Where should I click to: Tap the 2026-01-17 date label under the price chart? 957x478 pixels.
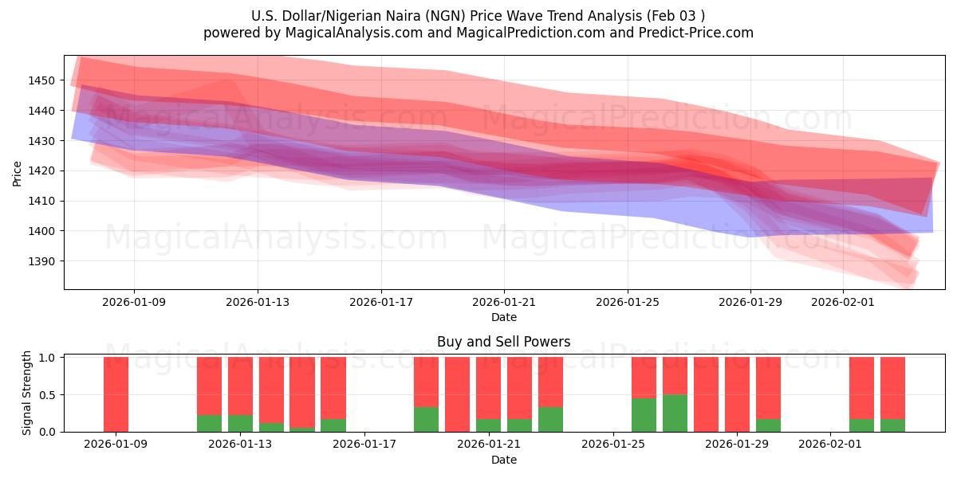[x=380, y=302]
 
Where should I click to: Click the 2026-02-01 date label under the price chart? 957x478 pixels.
[x=844, y=302]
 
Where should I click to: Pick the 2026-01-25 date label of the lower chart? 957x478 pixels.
[x=613, y=445]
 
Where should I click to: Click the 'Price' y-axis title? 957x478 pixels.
[x=18, y=172]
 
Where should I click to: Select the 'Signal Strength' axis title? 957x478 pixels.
[x=27, y=393]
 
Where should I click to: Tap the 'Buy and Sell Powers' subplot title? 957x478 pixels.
[x=503, y=342]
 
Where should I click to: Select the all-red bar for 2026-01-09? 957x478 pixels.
[x=116, y=394]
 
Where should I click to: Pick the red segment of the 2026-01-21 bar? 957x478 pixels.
[x=488, y=387]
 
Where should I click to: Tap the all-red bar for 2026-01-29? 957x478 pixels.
[x=737, y=394]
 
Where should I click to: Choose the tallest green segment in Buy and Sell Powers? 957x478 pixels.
[x=675, y=413]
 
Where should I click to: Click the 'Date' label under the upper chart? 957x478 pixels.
[x=503, y=317]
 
